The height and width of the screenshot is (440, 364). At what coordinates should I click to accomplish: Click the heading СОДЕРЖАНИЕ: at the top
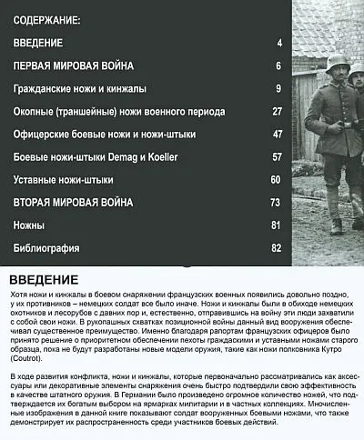point(47,19)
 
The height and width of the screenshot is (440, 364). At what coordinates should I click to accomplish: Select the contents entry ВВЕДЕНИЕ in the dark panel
point(38,44)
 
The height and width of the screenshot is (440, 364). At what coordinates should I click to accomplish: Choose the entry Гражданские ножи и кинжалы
point(80,89)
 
